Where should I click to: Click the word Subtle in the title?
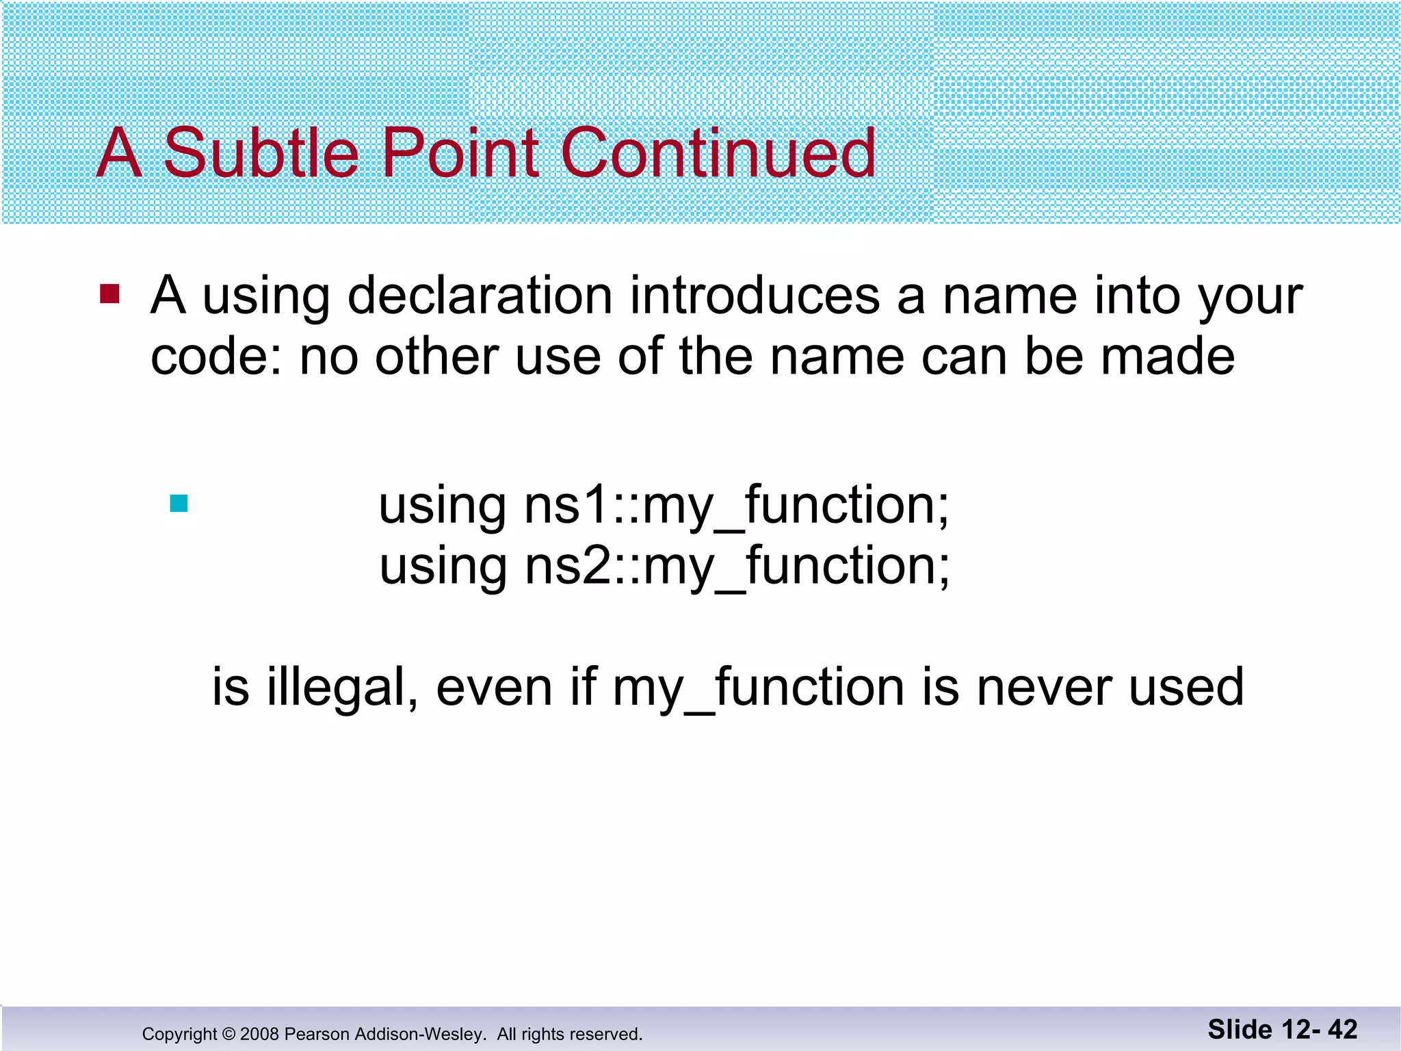261,153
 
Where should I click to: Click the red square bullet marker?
110,294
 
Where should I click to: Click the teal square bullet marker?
179,504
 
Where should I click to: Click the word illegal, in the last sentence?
343,687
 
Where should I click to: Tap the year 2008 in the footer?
259,1034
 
